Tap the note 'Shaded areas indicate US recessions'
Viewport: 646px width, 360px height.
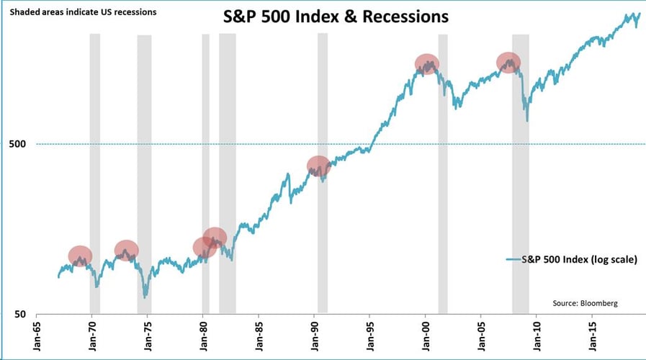(84, 12)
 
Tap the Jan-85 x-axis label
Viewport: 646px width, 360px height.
(258, 335)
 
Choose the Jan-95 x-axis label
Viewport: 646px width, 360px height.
(369, 335)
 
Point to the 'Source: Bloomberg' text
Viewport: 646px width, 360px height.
(585, 303)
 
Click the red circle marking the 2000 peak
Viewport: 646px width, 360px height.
(426, 64)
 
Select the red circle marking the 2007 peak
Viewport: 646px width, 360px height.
(509, 63)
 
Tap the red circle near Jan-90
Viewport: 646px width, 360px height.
(318, 166)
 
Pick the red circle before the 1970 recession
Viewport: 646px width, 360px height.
(81, 256)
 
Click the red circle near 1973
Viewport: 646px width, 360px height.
(127, 251)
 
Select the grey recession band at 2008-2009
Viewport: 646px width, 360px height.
(521, 173)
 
